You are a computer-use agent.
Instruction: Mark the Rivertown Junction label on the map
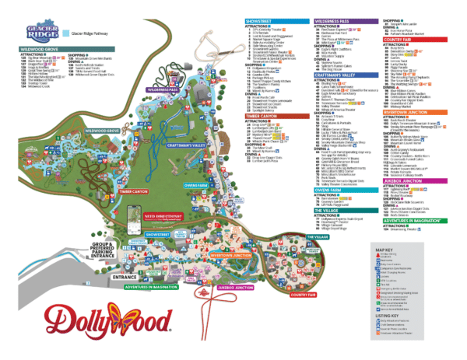pos(232,255)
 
